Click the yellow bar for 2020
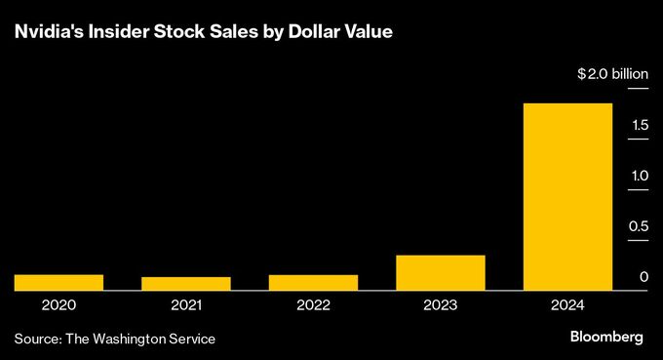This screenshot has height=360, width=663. [58, 282]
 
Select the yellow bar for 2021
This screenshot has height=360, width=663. [185, 283]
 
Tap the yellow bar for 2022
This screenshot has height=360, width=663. [313, 282]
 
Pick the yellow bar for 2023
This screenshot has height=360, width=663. [440, 272]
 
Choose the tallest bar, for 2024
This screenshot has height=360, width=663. [567, 196]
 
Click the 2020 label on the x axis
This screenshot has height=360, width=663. [58, 305]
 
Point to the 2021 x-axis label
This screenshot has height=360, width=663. [185, 305]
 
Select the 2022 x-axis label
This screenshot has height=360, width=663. [313, 305]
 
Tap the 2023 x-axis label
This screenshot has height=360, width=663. [440, 305]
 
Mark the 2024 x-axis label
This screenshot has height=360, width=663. [567, 305]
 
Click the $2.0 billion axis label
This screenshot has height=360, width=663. [612, 74]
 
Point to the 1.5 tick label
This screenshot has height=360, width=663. [640, 125]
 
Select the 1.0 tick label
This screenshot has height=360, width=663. [640, 176]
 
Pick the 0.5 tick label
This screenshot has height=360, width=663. [640, 226]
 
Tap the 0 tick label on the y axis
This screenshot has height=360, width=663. [644, 278]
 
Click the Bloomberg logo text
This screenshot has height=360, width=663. [606, 337]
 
